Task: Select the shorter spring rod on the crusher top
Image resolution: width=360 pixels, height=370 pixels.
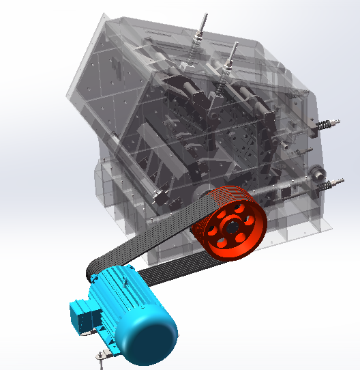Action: (232, 57)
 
